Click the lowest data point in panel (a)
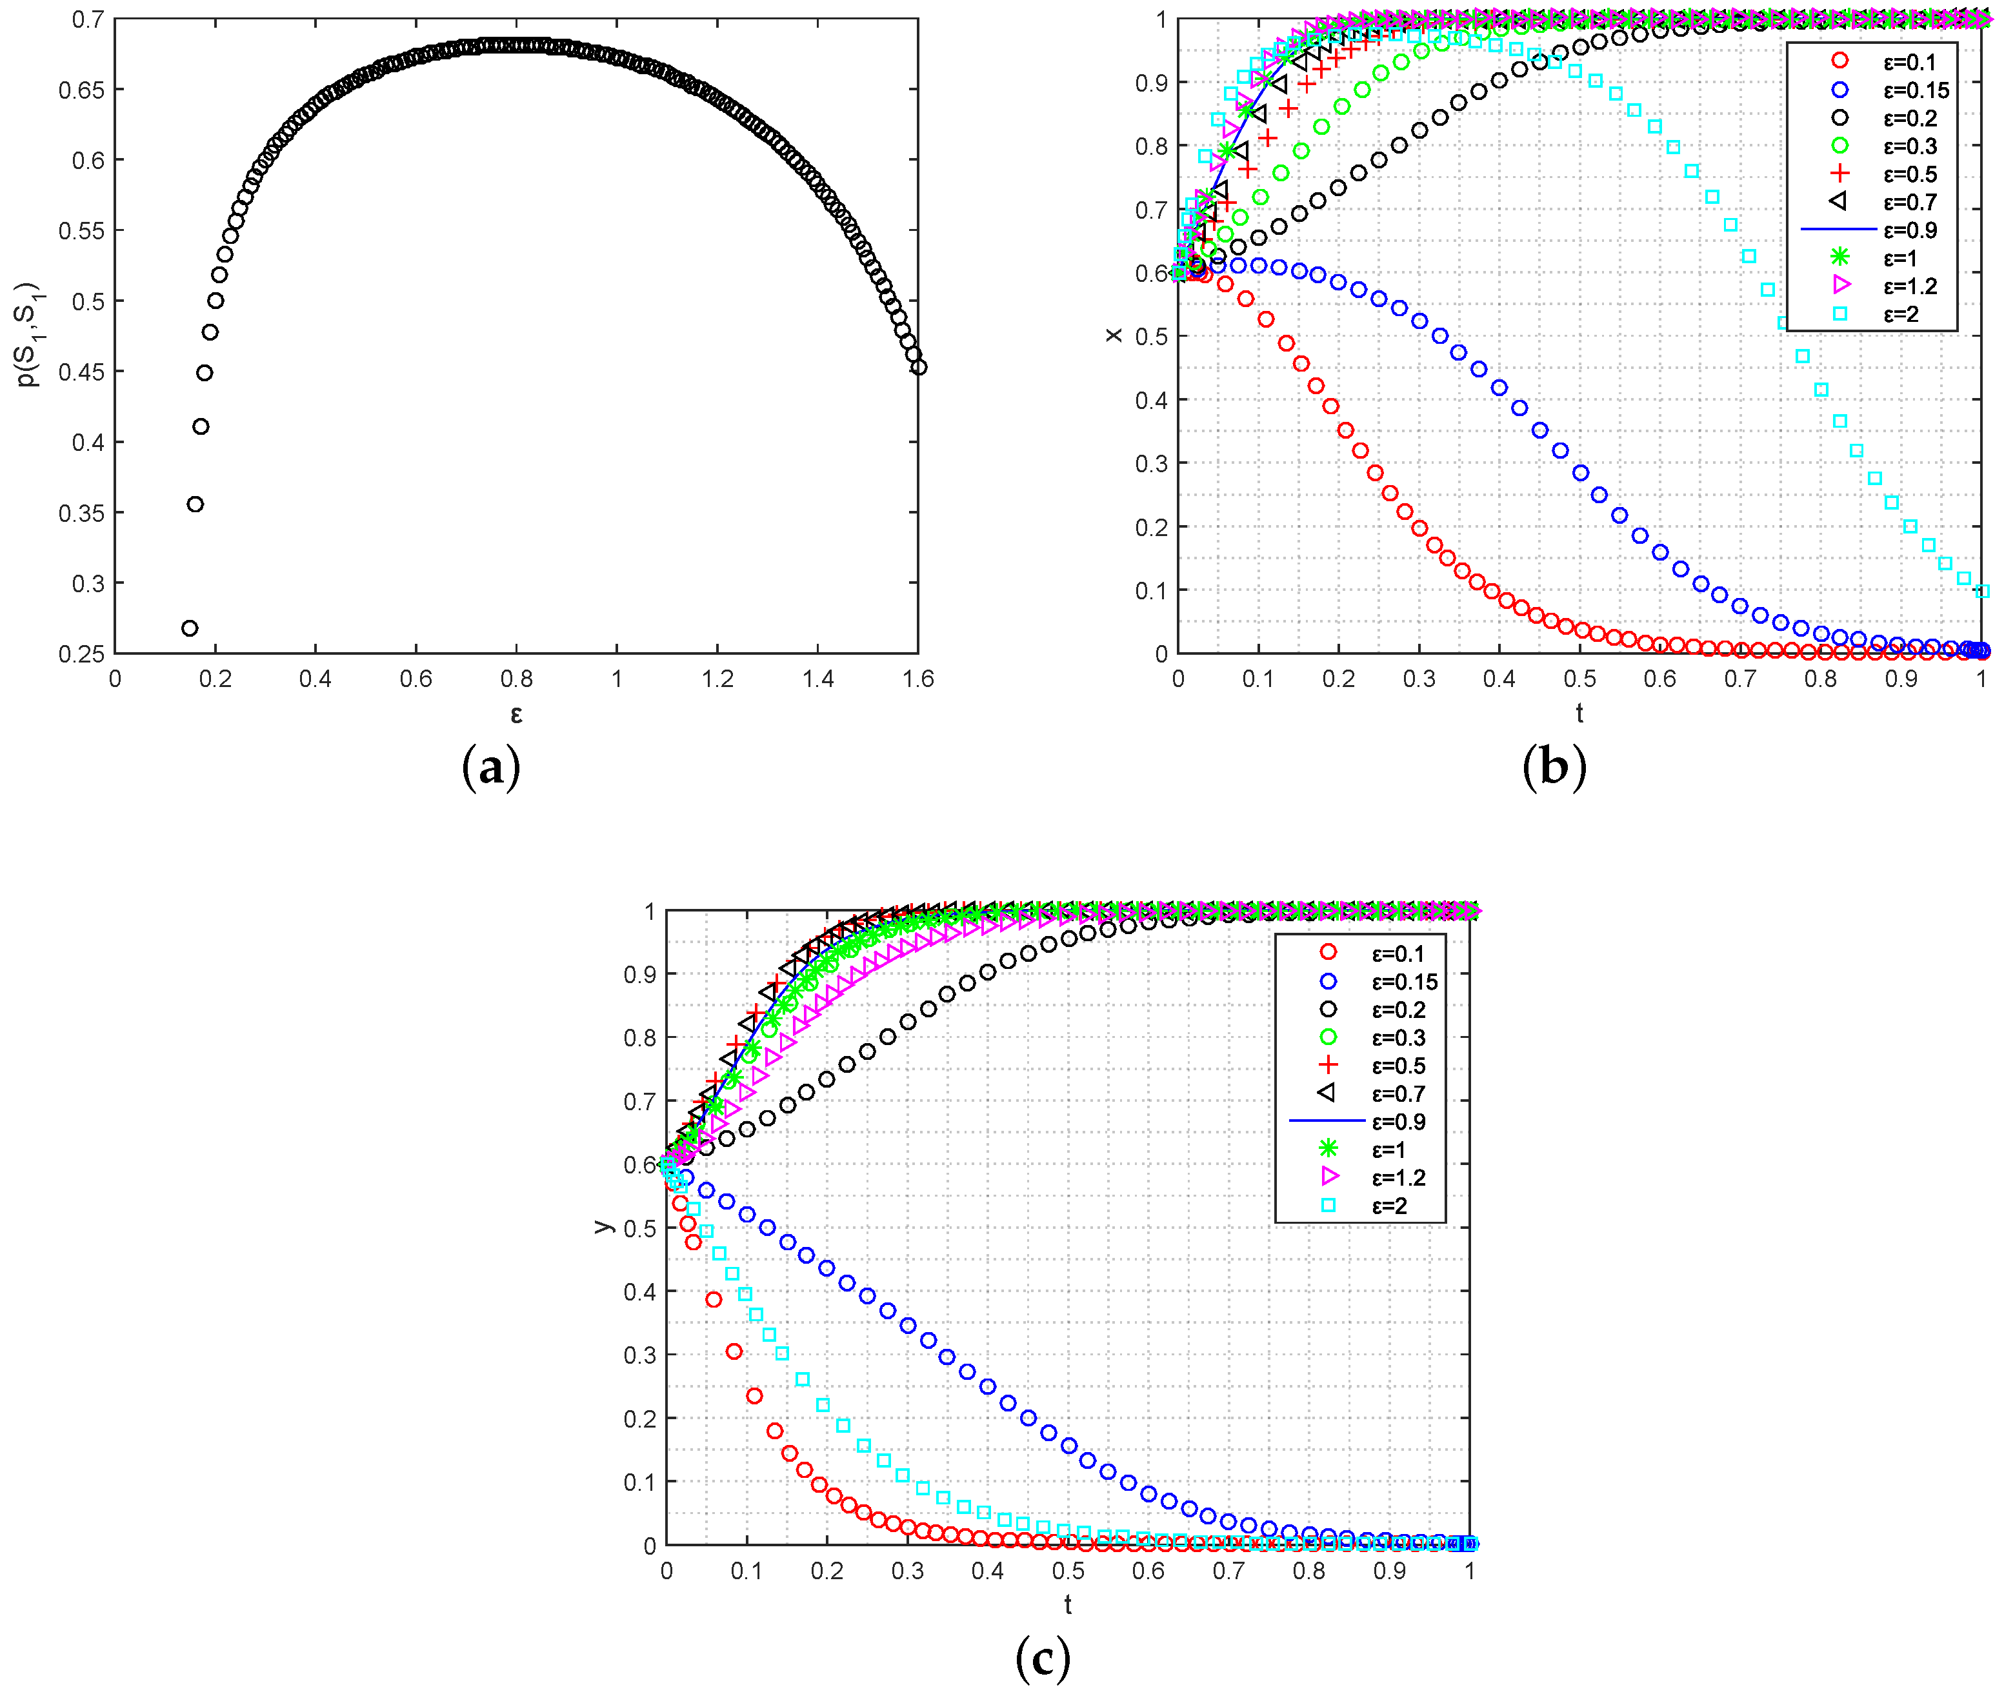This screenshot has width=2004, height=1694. [189, 628]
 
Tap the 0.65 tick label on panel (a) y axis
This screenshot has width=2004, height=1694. [82, 90]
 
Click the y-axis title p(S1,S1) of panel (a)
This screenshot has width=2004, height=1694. [28, 334]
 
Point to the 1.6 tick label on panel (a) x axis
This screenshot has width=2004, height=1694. [918, 679]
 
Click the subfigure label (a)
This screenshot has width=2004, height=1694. [491, 768]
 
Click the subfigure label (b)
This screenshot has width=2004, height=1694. [1553, 768]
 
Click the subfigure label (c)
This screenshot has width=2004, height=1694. [1042, 1659]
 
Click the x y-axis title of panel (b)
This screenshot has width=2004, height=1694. [1113, 334]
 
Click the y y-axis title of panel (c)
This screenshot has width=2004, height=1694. [602, 1226]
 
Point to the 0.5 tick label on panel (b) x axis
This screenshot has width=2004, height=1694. [1579, 679]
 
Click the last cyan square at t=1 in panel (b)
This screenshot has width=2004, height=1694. [1983, 592]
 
